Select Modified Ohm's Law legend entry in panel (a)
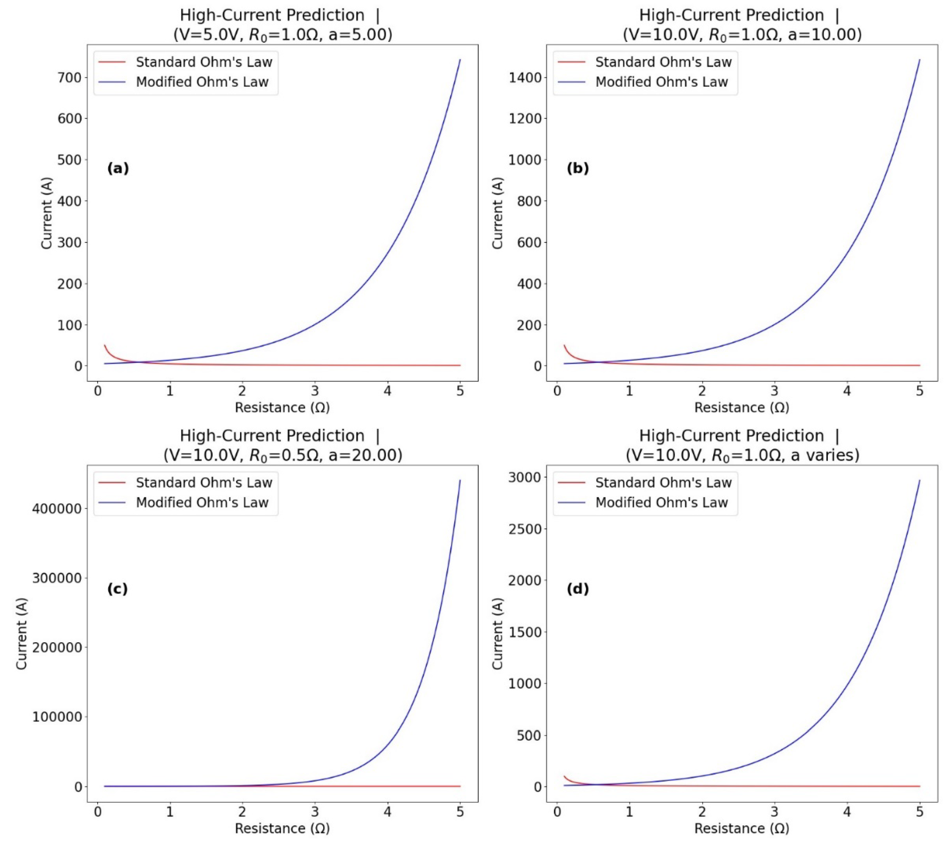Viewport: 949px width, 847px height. pos(202,82)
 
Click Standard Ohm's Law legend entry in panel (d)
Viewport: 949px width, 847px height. pos(663,483)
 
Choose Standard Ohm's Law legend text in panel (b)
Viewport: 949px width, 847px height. pos(663,62)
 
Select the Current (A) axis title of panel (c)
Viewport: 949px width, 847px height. pos(21,634)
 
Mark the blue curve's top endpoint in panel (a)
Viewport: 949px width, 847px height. pos(460,60)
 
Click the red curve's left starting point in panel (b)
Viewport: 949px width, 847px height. pos(564,345)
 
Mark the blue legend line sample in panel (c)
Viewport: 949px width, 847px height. pos(112,503)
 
